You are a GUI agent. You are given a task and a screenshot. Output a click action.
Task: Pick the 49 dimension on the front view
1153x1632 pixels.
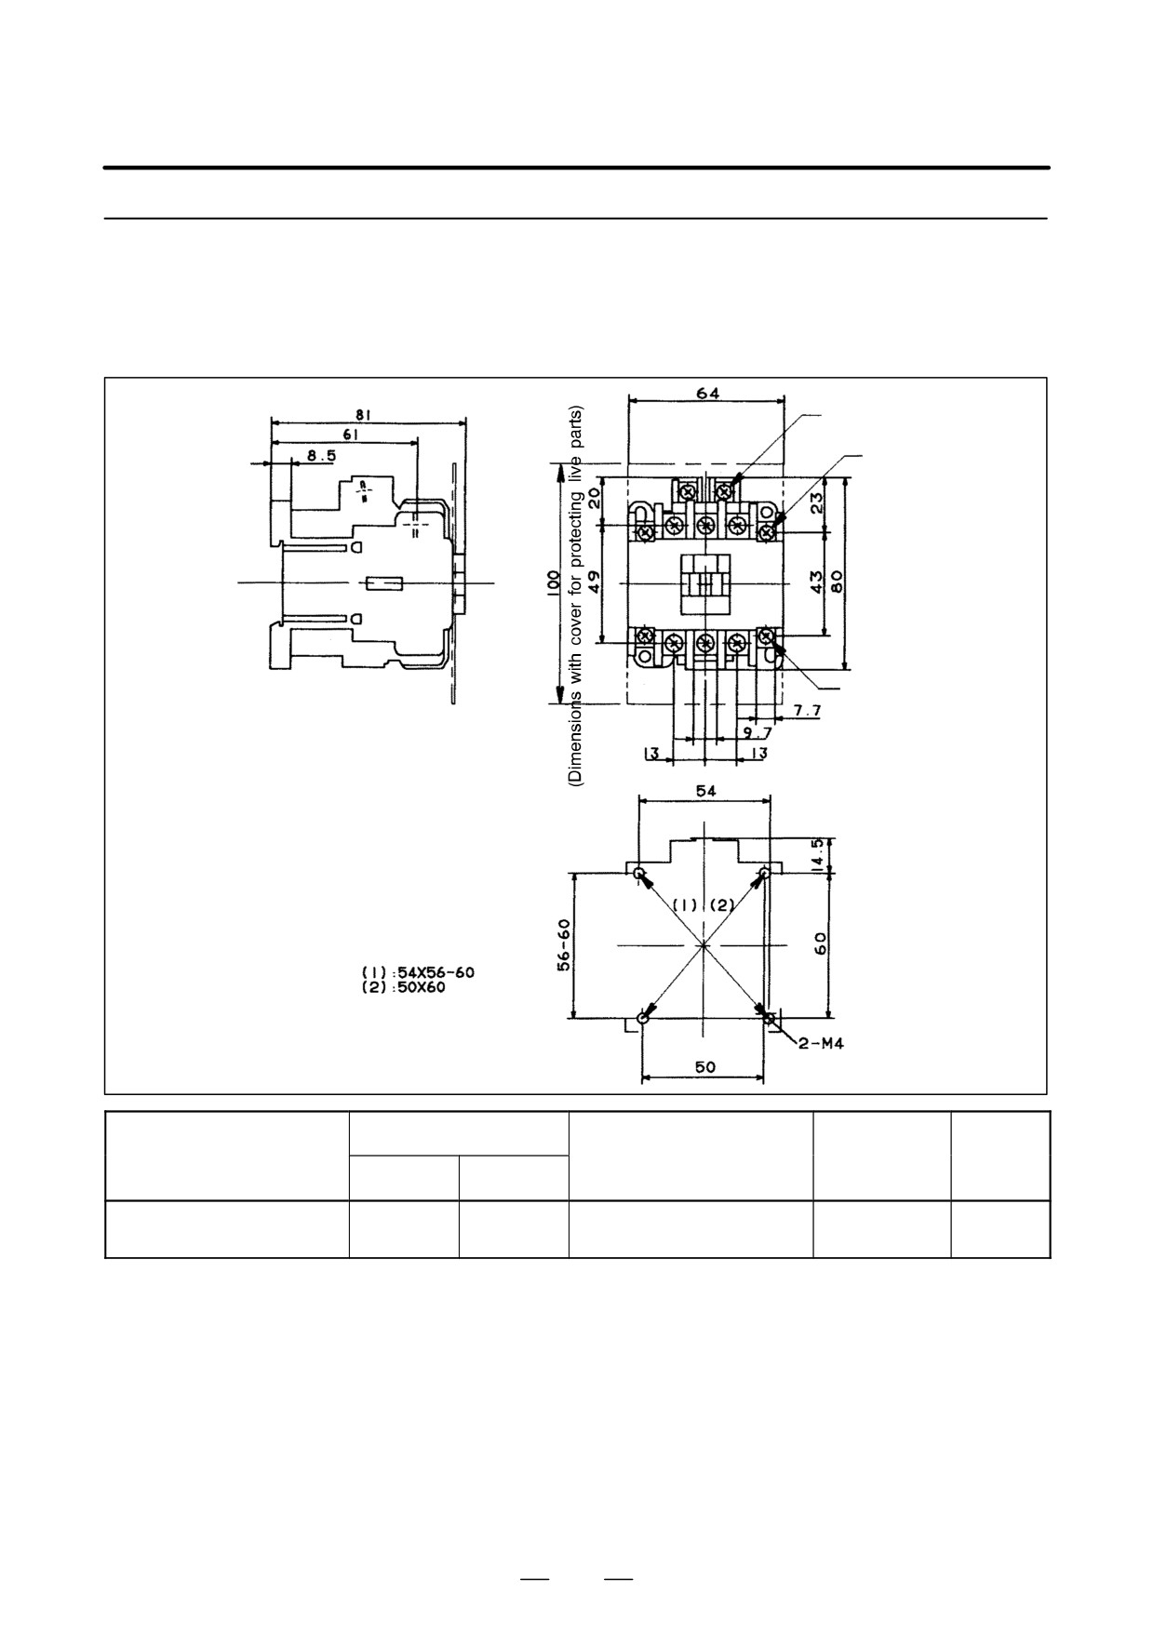pyautogui.click(x=595, y=583)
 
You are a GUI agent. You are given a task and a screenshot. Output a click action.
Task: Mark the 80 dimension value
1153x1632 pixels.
pyautogui.click(x=837, y=582)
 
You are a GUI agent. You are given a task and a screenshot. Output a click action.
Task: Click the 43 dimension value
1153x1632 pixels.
pyautogui.click(x=816, y=582)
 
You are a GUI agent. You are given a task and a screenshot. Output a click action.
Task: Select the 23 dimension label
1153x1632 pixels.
pyautogui.click(x=816, y=503)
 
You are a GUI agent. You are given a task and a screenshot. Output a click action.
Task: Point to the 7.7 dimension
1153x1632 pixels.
pyautogui.click(x=807, y=711)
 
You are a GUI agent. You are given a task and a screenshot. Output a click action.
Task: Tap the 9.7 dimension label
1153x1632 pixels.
pyautogui.click(x=757, y=732)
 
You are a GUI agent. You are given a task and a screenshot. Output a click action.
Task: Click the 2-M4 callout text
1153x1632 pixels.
pyautogui.click(x=821, y=1043)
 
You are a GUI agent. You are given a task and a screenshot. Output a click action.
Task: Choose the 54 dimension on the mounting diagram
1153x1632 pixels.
pyautogui.click(x=706, y=790)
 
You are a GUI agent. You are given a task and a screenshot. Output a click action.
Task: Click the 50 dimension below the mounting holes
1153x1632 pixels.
pyautogui.click(x=704, y=1066)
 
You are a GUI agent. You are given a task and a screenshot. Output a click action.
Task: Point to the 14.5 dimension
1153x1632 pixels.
pyautogui.click(x=816, y=855)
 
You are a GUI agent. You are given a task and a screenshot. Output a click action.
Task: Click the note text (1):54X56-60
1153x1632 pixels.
pyautogui.click(x=418, y=972)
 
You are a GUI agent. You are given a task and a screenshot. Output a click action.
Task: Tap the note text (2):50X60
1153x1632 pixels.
pyautogui.click(x=403, y=987)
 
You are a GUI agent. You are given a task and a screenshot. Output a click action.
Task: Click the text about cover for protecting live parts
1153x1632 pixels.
pyautogui.click(x=575, y=596)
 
